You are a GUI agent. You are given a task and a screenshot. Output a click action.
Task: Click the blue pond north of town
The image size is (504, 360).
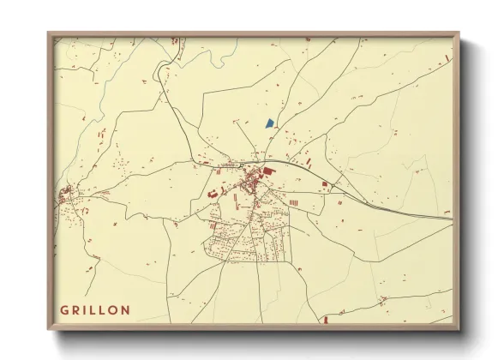pyautogui.click(x=269, y=123)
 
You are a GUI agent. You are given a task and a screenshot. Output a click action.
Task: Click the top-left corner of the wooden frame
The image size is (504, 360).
pyautogui.click(x=48, y=33)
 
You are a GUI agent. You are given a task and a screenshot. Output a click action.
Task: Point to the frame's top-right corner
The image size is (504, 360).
pyautogui.click(x=459, y=33)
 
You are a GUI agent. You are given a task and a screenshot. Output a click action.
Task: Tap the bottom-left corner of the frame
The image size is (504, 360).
pyautogui.click(x=48, y=330)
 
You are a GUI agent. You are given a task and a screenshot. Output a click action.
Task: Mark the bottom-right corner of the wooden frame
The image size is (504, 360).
pyautogui.click(x=459, y=330)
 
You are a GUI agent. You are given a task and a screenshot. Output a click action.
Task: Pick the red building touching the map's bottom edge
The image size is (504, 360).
pyautogui.click(x=325, y=321)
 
